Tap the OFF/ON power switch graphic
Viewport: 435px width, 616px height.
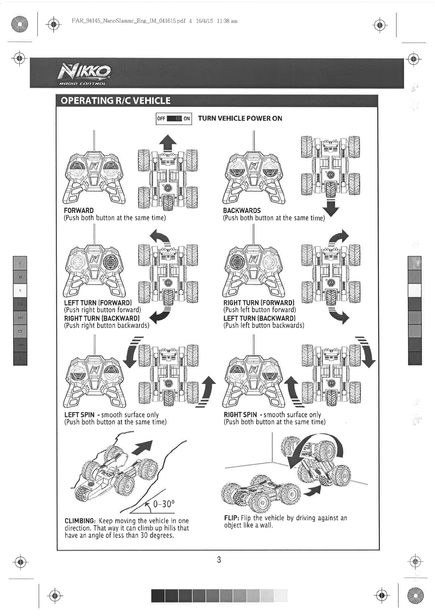pos(174,119)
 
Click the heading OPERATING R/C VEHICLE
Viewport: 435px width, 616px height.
pos(116,101)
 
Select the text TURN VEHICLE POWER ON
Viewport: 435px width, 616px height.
pos(240,119)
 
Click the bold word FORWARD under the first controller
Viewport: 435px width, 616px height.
pos(79,210)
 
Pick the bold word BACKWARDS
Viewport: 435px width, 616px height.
pos(242,210)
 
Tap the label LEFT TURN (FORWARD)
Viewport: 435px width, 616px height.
pos(98,303)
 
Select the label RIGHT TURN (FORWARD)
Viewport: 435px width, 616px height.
pos(259,303)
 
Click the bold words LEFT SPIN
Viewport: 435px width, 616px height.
pos(79,415)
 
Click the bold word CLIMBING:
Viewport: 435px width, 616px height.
pos(80,521)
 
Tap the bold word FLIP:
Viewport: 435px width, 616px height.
pos(231,518)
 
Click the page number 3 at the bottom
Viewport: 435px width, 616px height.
pos(219,560)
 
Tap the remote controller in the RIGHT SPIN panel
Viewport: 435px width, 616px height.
pos(254,381)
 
